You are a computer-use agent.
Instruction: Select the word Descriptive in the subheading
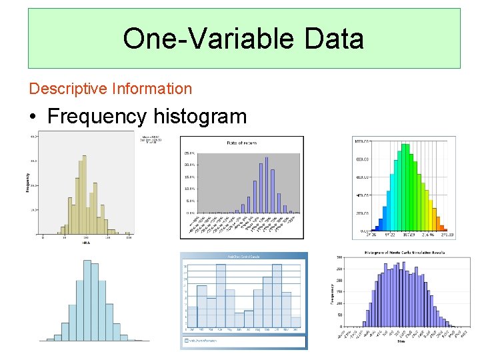(69, 89)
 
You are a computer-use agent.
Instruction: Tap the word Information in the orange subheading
(152, 89)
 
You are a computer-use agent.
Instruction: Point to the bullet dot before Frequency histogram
(33, 117)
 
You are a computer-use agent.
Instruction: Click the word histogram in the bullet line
(200, 117)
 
